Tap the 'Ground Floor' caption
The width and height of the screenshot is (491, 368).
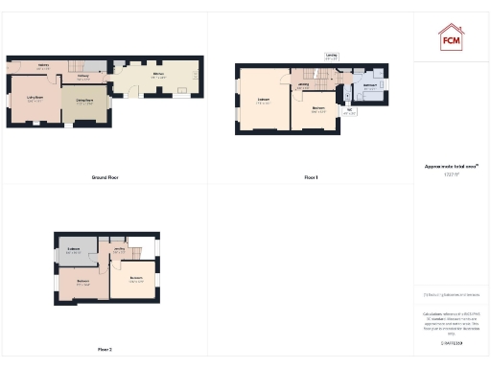point(105,178)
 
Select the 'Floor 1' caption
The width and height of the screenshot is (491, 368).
point(310,178)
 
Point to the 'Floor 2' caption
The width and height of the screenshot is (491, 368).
point(104,349)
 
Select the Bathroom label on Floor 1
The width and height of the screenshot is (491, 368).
point(369,86)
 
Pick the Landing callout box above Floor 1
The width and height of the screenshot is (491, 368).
point(331,57)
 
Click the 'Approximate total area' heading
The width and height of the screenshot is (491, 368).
point(451,166)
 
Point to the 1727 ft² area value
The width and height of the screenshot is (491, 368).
point(451,173)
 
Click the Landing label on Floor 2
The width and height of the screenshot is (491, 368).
point(120,250)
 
